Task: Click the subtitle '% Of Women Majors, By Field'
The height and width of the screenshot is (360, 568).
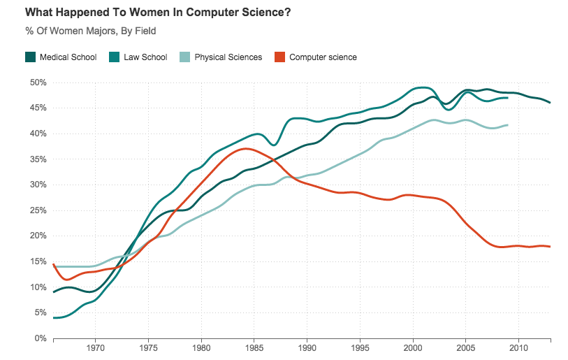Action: point(91,31)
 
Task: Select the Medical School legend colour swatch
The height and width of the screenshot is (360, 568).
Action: point(30,57)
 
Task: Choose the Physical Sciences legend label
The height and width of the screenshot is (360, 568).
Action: point(228,57)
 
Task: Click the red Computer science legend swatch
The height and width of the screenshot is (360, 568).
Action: point(280,57)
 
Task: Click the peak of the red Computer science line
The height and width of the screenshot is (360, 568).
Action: point(245,148)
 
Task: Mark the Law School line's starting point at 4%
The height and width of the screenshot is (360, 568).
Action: point(54,318)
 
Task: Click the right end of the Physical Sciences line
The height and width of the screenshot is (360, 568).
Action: point(507,124)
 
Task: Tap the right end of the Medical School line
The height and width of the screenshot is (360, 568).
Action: point(550,103)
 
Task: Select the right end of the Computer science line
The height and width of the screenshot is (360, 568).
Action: point(550,246)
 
